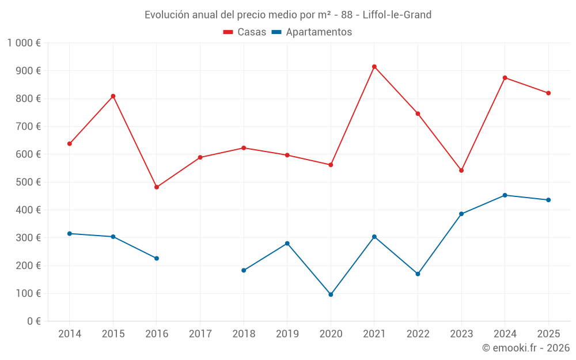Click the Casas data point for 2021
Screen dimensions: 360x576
tap(374, 67)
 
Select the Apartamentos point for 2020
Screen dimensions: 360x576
tap(331, 294)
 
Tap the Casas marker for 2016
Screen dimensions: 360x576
tap(157, 187)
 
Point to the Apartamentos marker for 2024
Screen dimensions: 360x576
tap(505, 195)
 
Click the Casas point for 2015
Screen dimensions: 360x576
tap(113, 96)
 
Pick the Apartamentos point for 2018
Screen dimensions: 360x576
tap(244, 270)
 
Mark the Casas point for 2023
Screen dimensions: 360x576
tap(461, 170)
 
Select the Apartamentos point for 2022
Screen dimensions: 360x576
tap(418, 274)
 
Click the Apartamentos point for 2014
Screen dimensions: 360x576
tap(70, 233)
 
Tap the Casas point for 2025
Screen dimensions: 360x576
tap(548, 93)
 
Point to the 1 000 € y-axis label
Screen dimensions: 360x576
tap(24, 43)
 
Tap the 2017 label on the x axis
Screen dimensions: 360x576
tap(200, 334)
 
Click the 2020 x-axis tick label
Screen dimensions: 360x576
tap(331, 334)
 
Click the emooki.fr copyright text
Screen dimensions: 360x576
tap(526, 348)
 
